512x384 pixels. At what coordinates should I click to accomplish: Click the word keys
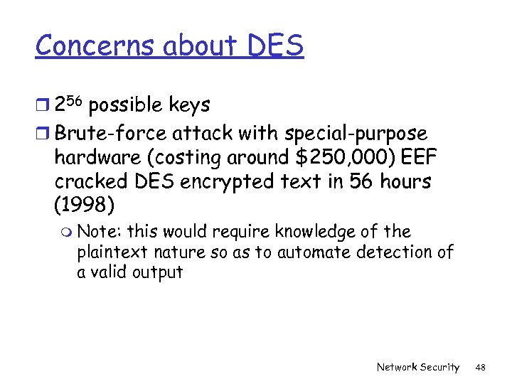(188, 106)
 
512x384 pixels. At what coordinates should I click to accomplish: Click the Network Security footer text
(417, 367)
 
